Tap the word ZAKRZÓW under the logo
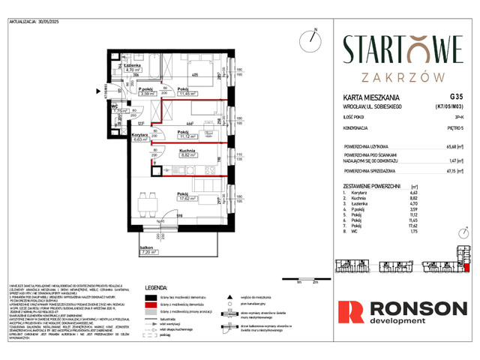point(403,76)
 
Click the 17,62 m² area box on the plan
point(187,199)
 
